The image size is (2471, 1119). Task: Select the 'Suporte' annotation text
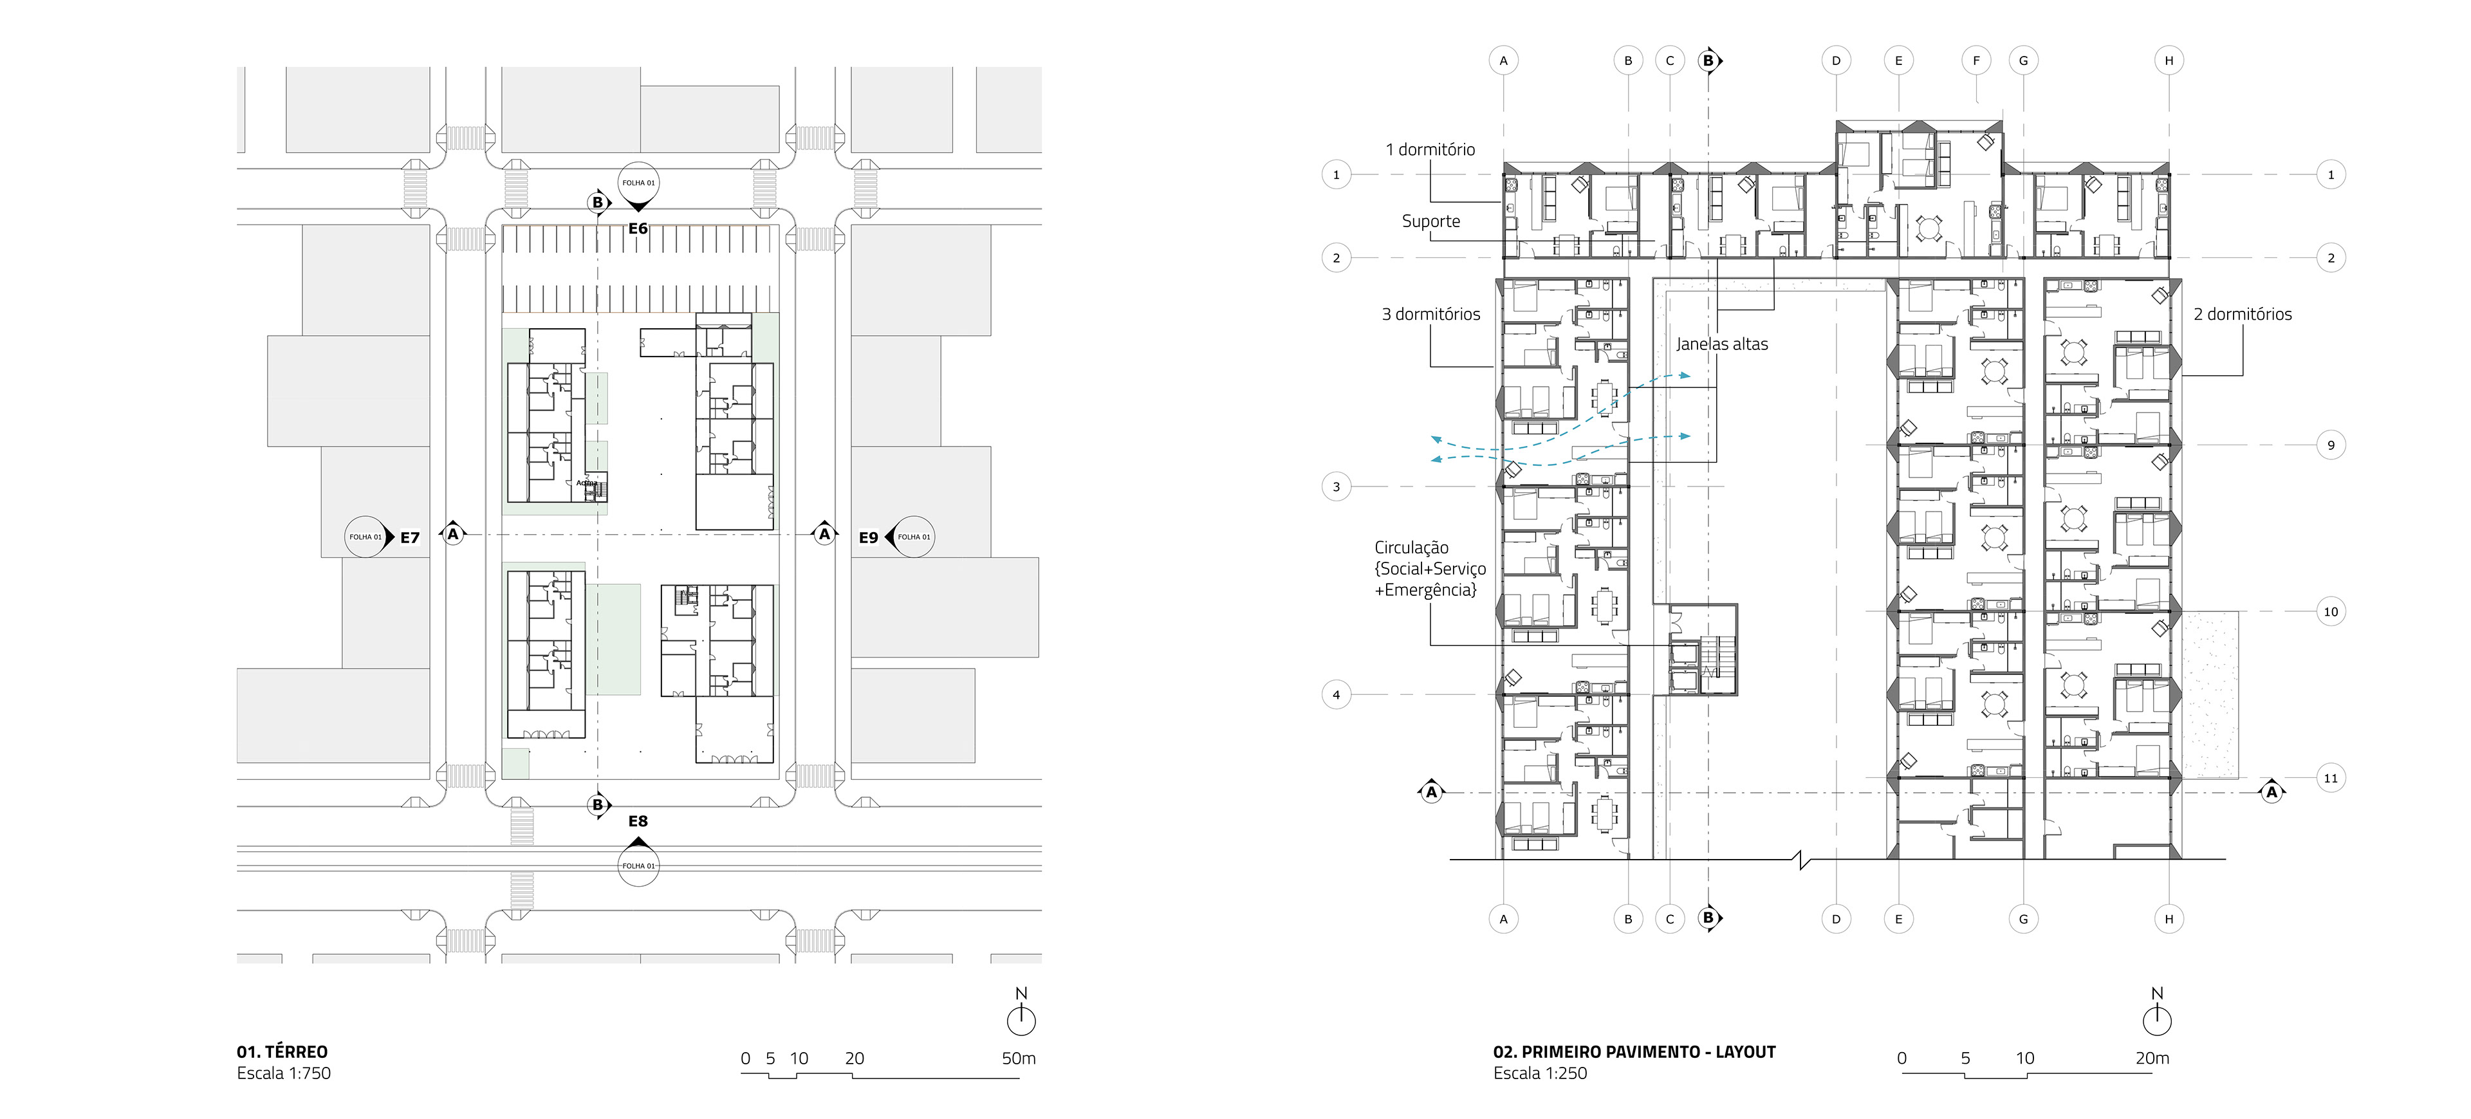coord(1430,221)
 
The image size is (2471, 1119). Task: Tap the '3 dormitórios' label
coord(1430,315)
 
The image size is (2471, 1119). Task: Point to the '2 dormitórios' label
coord(2242,315)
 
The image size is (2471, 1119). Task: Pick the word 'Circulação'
coord(1411,548)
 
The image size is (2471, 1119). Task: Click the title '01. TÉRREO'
coord(282,1052)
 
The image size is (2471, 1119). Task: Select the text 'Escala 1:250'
coord(1540,1074)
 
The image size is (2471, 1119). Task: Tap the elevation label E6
coord(638,229)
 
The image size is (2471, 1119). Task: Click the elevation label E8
coord(638,822)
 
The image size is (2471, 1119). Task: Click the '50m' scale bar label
coord(1019,1059)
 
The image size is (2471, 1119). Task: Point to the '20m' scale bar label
coord(2152,1059)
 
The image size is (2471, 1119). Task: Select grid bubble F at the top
coord(1976,60)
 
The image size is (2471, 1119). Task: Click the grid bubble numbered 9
coord(2331,445)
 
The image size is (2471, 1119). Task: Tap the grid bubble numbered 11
coord(2331,778)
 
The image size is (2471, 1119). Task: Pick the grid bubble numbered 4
coord(1337,694)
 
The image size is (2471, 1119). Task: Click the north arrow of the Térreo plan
coord(1021,1019)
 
